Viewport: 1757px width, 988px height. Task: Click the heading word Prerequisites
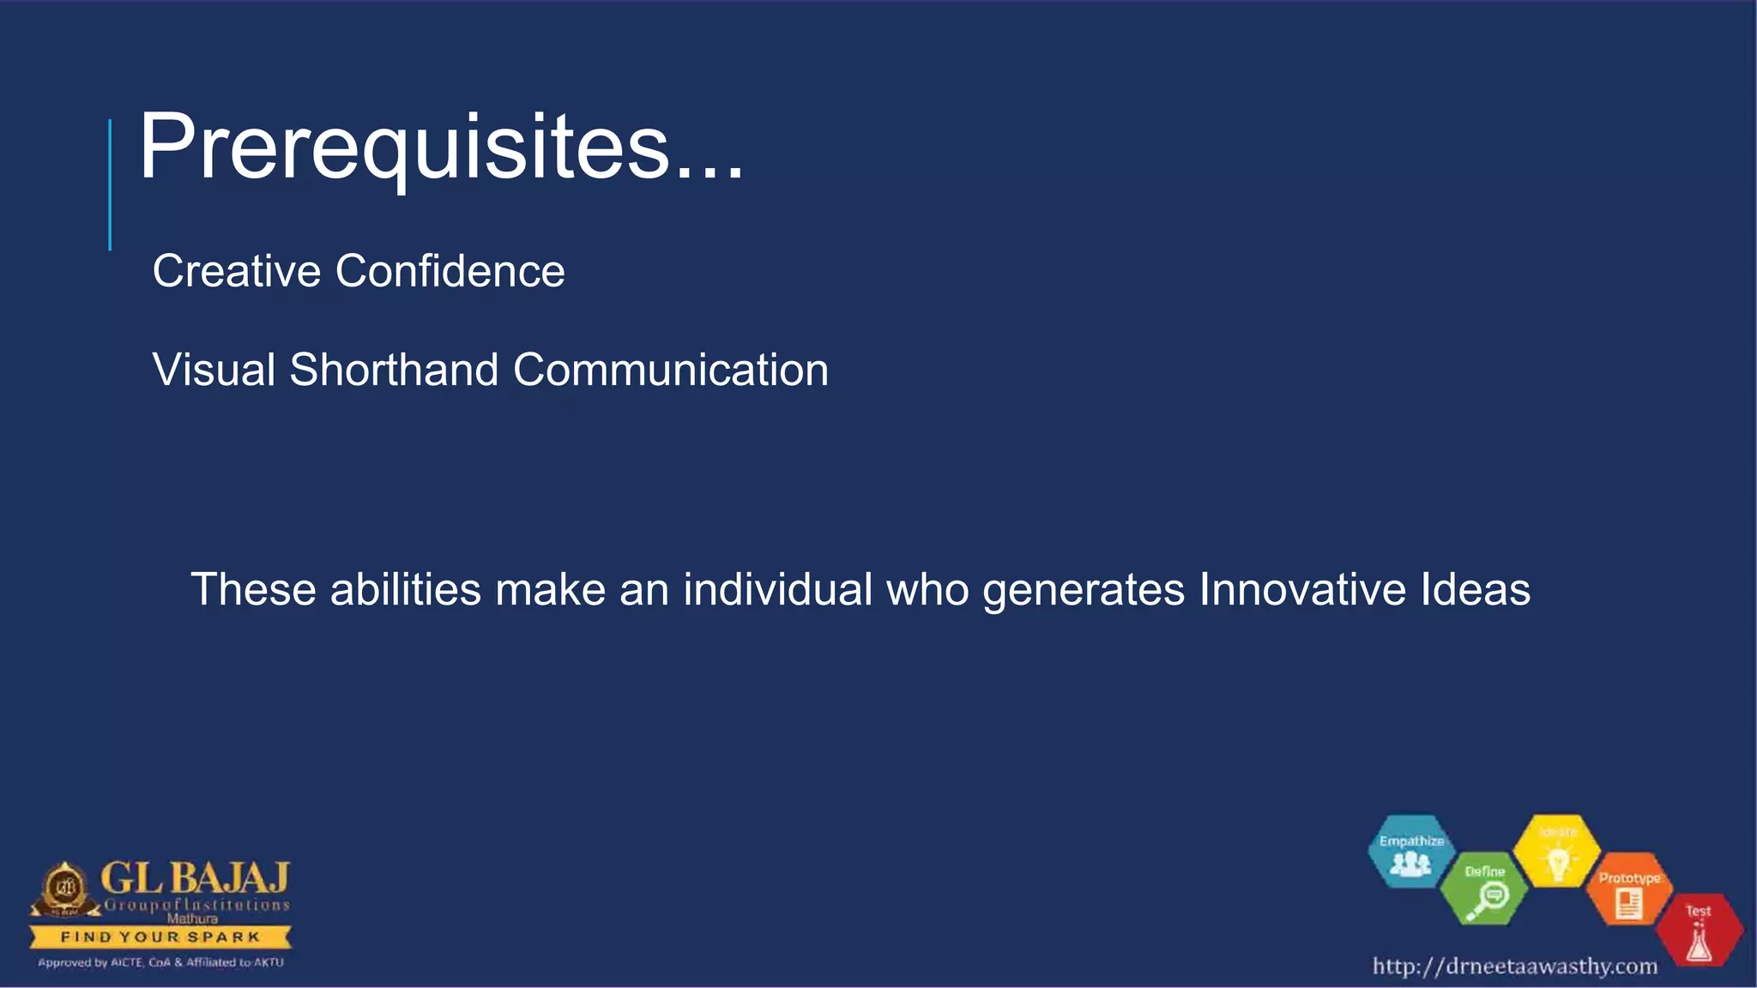click(441, 148)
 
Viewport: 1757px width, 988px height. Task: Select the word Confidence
click(450, 271)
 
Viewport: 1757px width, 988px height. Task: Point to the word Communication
click(670, 370)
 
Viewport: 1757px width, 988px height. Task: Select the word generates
click(1084, 590)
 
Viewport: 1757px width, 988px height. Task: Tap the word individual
click(777, 590)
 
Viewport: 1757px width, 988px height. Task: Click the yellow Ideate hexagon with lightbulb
click(1557, 852)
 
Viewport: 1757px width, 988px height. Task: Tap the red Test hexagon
click(1699, 931)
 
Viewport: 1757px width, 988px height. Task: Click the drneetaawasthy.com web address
click(1514, 967)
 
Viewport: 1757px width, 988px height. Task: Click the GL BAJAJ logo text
click(195, 878)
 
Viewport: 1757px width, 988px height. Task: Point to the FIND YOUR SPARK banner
click(160, 937)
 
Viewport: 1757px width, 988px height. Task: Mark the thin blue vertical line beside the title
click(110, 184)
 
